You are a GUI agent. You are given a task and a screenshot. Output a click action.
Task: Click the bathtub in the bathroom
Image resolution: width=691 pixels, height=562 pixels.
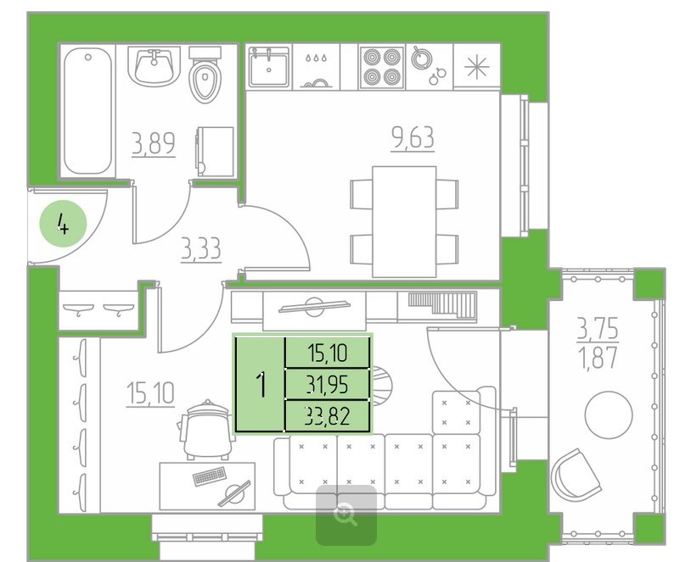coord(87,111)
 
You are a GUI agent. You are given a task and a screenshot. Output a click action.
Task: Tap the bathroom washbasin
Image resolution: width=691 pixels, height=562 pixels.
coord(154,67)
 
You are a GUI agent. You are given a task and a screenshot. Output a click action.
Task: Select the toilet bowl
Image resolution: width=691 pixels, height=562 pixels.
coord(205,75)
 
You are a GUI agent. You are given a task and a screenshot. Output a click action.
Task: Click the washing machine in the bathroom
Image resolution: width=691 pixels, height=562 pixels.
coord(215,152)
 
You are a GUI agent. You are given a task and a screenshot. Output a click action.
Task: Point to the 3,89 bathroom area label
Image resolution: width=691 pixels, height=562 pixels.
coord(154,143)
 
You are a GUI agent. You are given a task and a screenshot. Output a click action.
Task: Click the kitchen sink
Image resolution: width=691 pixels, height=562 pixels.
coord(268,66)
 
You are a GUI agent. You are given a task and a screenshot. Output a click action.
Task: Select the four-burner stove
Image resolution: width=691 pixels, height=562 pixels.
coord(382,66)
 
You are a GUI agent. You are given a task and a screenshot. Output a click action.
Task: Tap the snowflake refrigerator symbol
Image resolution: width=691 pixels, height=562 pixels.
coord(477,67)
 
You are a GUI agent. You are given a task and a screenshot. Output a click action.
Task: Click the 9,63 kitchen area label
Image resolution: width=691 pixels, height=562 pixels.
coord(413,138)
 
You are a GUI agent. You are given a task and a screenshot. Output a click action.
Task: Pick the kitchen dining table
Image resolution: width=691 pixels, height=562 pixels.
coord(404,221)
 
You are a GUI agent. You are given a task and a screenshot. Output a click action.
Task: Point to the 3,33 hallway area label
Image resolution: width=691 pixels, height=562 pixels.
coord(201,249)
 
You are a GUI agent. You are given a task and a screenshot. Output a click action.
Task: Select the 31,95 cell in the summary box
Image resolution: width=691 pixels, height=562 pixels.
coord(328,384)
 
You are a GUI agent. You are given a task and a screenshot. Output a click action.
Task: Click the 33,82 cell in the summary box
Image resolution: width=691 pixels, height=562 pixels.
coord(328,415)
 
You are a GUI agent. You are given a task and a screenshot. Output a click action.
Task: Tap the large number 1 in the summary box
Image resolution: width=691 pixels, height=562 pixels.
coord(261,384)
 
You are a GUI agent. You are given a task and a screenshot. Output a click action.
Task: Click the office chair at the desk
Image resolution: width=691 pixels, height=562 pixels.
coord(205,430)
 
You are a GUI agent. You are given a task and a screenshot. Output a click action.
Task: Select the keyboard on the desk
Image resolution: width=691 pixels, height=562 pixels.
coord(210,476)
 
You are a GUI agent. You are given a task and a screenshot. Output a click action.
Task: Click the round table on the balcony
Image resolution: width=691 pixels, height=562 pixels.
coord(609,415)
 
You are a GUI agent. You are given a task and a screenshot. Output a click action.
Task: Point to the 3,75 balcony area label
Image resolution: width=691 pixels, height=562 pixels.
coord(598,328)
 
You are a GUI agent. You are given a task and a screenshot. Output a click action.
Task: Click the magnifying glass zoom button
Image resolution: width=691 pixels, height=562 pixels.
coord(346,515)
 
